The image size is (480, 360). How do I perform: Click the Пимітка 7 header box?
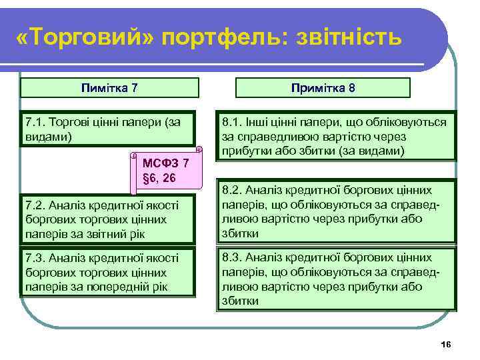tap(109, 87)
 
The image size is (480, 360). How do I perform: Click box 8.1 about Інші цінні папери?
tap(335, 136)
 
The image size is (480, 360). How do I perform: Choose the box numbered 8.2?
tap(335, 212)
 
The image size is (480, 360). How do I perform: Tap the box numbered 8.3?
tap(335, 279)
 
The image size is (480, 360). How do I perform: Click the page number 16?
tap(446, 343)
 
